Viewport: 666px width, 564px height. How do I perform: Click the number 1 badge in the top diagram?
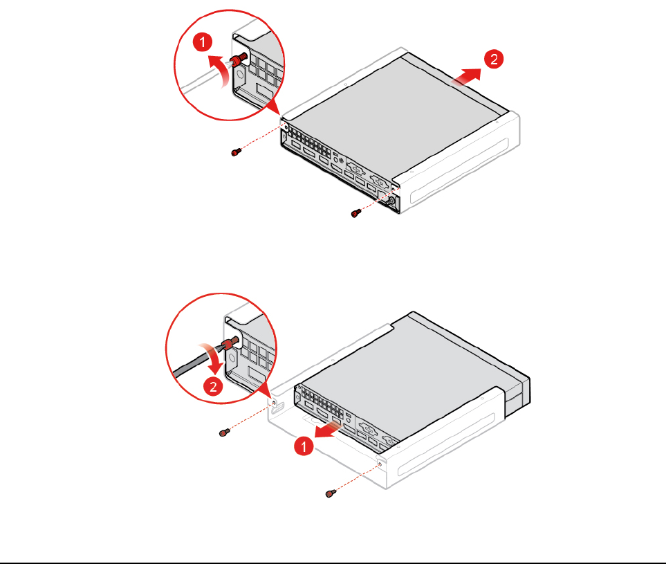tap(203, 42)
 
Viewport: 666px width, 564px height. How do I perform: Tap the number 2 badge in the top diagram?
tap(494, 59)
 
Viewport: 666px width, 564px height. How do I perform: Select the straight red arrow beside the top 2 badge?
tap(465, 77)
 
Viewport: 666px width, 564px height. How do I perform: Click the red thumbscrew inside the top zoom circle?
tap(239, 59)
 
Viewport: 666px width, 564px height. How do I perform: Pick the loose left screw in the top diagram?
tap(236, 152)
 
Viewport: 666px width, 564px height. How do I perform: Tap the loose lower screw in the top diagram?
tap(356, 213)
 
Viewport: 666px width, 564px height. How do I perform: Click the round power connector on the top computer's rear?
tap(390, 202)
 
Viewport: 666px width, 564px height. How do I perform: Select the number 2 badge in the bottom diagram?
tap(213, 386)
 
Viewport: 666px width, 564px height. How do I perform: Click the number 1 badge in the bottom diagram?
tap(304, 446)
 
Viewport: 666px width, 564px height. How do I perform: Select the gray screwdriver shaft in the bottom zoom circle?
tap(196, 363)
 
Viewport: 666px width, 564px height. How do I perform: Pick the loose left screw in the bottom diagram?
tap(224, 433)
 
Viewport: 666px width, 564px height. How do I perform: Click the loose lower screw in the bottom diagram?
tap(331, 493)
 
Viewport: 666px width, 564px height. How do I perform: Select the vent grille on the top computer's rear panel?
tap(311, 143)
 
